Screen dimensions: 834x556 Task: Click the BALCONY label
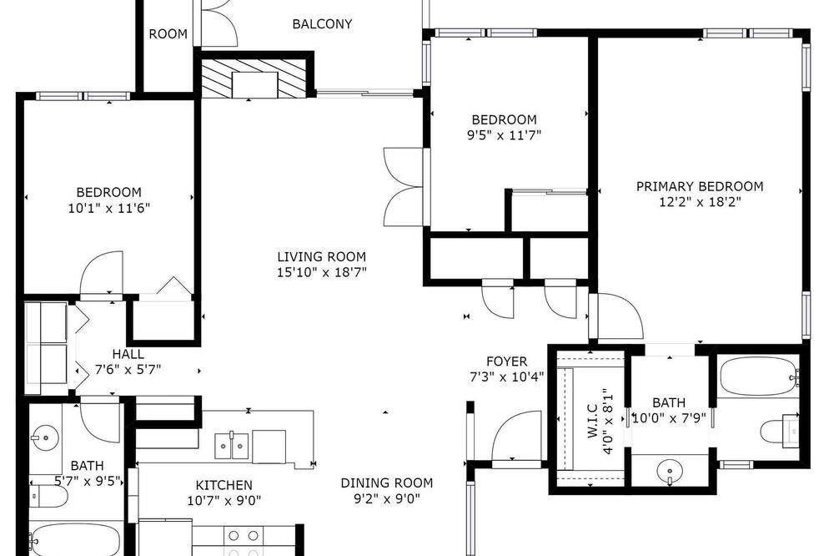[x=322, y=24]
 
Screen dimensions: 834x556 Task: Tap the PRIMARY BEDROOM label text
[x=700, y=186]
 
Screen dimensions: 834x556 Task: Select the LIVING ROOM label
[x=321, y=256]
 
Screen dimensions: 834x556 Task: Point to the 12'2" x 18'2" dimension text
[x=700, y=202]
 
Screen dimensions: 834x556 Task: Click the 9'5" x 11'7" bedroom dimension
[x=504, y=134]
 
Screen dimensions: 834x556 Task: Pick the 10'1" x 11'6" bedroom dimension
[x=109, y=208]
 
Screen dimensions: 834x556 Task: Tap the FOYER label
[x=506, y=361]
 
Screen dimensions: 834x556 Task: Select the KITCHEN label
[x=224, y=485]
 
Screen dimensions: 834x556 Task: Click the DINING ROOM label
[x=387, y=483]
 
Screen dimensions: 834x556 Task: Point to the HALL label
[x=128, y=354]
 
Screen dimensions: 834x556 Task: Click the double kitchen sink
[x=231, y=445]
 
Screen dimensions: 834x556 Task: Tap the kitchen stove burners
[x=243, y=542]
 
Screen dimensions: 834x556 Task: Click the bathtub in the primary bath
[x=758, y=377]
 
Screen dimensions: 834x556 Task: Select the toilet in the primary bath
[x=779, y=430]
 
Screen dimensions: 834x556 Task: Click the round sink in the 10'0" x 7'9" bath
[x=669, y=472]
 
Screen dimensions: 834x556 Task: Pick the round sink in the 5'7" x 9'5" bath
[x=45, y=437]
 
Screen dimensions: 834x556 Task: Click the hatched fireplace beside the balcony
[x=254, y=78]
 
